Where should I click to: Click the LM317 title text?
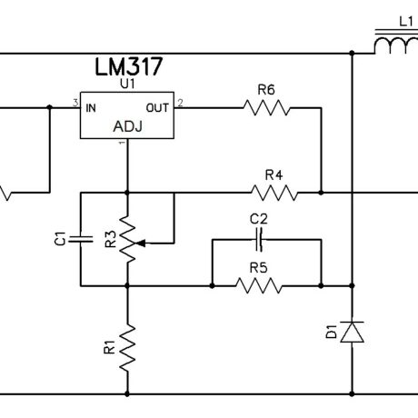[x=129, y=66]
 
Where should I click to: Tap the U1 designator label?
[x=127, y=84]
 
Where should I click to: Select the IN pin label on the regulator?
[x=91, y=108]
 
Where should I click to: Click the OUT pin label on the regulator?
[x=157, y=108]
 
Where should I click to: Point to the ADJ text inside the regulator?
[x=127, y=126]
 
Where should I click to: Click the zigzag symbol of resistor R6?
[x=266, y=108]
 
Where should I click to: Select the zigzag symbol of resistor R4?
[x=274, y=193]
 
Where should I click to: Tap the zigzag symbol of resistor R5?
[x=259, y=285]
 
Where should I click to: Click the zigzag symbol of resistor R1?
[x=127, y=347]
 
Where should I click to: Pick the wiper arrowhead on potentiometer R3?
[x=140, y=243]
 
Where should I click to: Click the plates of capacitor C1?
[x=81, y=239]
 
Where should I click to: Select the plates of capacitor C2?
[x=259, y=240]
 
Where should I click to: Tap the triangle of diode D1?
[x=352, y=333]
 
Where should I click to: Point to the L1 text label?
[x=406, y=22]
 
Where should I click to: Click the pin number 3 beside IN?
[x=75, y=103]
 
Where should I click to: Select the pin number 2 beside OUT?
[x=180, y=103]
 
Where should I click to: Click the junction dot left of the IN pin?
[x=50, y=107]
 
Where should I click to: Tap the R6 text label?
[x=266, y=90]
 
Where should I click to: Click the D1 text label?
[x=332, y=332]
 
